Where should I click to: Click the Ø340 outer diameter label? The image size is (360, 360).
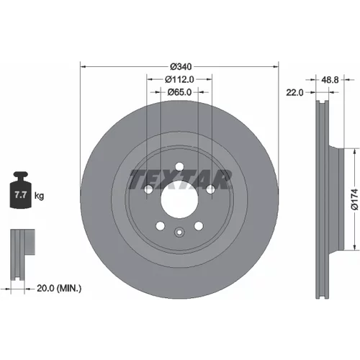pos(181,66)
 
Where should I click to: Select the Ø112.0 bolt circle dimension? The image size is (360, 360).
pos(179,79)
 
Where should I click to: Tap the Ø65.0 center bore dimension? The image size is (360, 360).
pos(179,92)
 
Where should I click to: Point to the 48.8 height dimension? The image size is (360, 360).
pos(330,80)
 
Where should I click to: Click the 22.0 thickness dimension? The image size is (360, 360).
pos(294,92)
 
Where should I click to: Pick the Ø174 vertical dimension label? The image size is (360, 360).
pos(354,199)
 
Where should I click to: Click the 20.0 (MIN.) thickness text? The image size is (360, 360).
pos(59,288)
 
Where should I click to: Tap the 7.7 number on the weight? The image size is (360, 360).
pos(20,194)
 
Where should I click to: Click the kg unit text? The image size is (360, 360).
pos(39,196)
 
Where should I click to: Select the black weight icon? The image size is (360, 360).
pos(21,189)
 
